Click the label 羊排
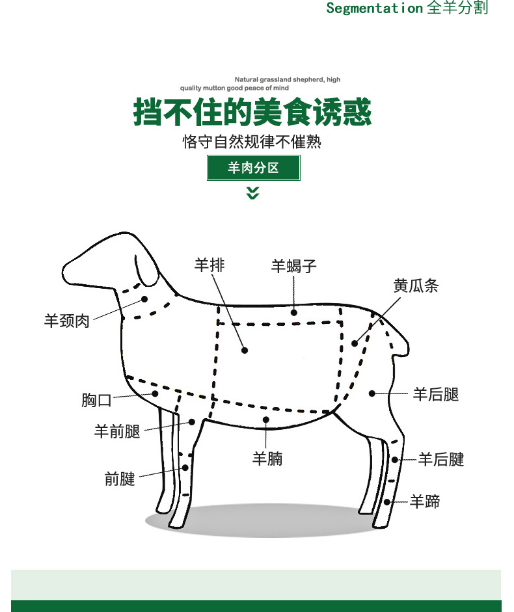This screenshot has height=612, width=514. click(x=210, y=265)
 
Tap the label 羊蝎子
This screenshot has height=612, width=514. click(x=293, y=266)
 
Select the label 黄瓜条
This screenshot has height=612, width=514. click(x=416, y=286)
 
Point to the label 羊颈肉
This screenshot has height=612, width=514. click(x=67, y=321)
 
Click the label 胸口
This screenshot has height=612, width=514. click(x=96, y=400)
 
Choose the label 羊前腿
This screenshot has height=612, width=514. click(x=116, y=431)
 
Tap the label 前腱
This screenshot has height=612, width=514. click(x=120, y=479)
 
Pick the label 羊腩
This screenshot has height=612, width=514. click(x=267, y=459)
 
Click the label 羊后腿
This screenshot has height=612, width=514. click(x=436, y=394)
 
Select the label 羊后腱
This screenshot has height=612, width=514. click(x=441, y=459)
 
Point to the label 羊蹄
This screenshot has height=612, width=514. click(x=425, y=501)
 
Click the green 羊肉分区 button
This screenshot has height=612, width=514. click(x=254, y=168)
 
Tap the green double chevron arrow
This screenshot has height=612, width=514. click(x=252, y=193)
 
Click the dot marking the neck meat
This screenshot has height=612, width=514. click(x=144, y=299)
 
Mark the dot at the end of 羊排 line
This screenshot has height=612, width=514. click(x=245, y=350)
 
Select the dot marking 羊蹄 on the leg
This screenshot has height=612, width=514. click(x=386, y=502)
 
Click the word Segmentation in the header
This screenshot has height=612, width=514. click(x=374, y=8)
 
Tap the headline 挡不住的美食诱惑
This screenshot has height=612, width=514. click(x=252, y=112)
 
